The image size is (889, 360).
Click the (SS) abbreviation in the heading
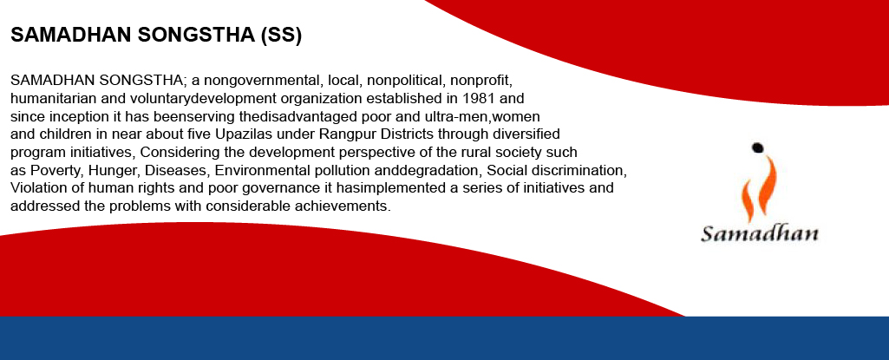click(281, 36)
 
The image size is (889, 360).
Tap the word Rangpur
click(347, 134)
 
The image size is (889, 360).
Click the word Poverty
click(55, 171)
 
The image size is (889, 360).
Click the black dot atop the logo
click(757, 148)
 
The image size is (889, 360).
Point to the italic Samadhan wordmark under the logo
click(760, 233)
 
